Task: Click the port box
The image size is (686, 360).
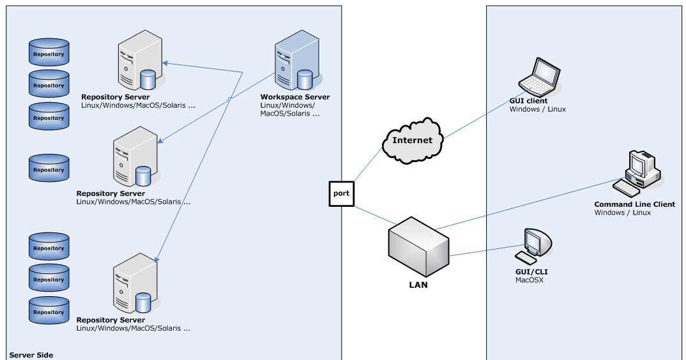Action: (x=341, y=193)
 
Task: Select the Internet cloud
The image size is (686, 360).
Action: (x=412, y=141)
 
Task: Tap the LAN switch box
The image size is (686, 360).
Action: (x=418, y=246)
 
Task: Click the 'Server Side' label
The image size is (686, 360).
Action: (x=31, y=355)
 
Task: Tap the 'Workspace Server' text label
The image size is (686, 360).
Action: (x=295, y=97)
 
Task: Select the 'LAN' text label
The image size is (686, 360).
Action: (x=418, y=285)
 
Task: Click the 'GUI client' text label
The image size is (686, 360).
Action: (x=528, y=101)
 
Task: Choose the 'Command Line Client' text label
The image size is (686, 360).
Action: (x=634, y=205)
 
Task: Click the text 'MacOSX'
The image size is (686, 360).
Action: (x=529, y=280)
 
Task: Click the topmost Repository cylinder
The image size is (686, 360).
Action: (x=49, y=53)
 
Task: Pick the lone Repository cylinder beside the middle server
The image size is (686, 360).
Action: (x=49, y=169)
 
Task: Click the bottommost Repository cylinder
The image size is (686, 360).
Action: (x=49, y=311)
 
